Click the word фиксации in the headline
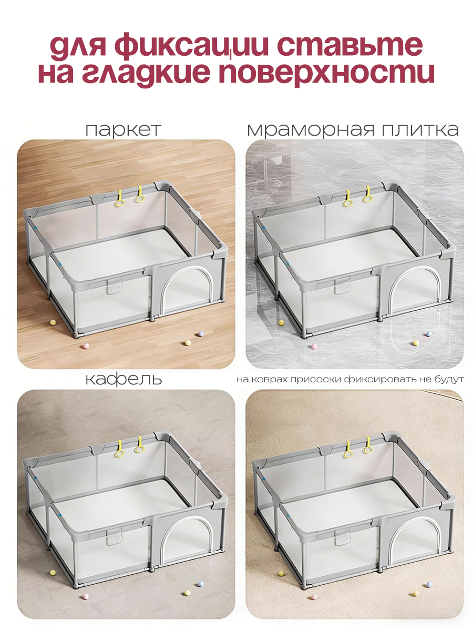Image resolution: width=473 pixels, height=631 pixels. (x=191, y=45)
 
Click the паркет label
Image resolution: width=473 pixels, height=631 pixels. (x=123, y=130)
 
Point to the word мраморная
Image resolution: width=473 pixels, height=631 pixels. (x=311, y=130)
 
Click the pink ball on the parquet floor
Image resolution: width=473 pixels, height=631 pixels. (x=86, y=346)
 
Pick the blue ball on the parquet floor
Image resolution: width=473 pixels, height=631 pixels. (x=201, y=334)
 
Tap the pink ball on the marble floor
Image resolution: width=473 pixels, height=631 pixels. (x=314, y=346)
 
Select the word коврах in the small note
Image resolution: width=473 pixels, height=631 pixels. (x=272, y=380)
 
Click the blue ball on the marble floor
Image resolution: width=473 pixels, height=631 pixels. (x=429, y=333)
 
